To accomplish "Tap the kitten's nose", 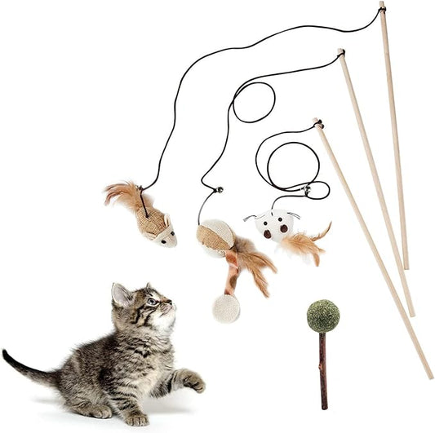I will (x=170, y=306).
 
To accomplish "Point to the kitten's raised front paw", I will (x=193, y=380).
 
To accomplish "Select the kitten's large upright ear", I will (x=122, y=295).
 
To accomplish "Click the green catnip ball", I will (x=322, y=316).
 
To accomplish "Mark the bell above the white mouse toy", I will (x=306, y=191).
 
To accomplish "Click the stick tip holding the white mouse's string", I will (x=317, y=124).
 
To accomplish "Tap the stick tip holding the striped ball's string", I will (x=340, y=54).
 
